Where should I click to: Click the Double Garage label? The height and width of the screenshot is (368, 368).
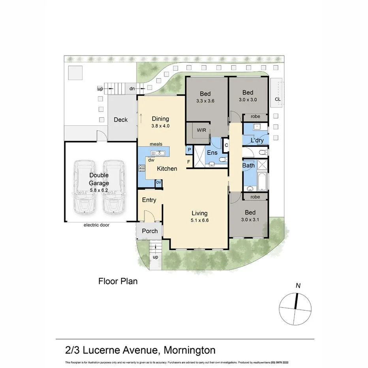pos(99,179)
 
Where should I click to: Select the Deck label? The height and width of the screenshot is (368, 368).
pos(120,119)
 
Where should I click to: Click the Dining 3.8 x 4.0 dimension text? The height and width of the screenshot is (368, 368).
pos(160,126)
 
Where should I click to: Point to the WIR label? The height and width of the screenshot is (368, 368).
pos(201,130)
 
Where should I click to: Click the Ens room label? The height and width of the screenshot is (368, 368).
pos(212,152)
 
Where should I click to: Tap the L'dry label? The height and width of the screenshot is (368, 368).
pos(257,141)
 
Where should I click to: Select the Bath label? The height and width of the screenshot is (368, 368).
pos(248,165)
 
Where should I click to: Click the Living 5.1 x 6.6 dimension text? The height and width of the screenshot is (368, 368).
pos(197,220)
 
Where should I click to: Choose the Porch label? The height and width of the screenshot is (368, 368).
pos(150,231)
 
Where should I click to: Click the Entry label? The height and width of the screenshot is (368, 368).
pos(149,200)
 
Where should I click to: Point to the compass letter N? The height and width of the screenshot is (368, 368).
pos(299,285)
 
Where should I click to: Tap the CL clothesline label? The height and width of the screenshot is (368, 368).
pos(278,99)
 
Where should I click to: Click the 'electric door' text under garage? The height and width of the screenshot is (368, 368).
pos(96,225)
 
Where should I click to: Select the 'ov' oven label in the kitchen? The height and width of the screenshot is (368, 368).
pos(158,182)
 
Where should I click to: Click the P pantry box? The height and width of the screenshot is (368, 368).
pos(189,150)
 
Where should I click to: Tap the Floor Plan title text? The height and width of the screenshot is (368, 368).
pos(118,282)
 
